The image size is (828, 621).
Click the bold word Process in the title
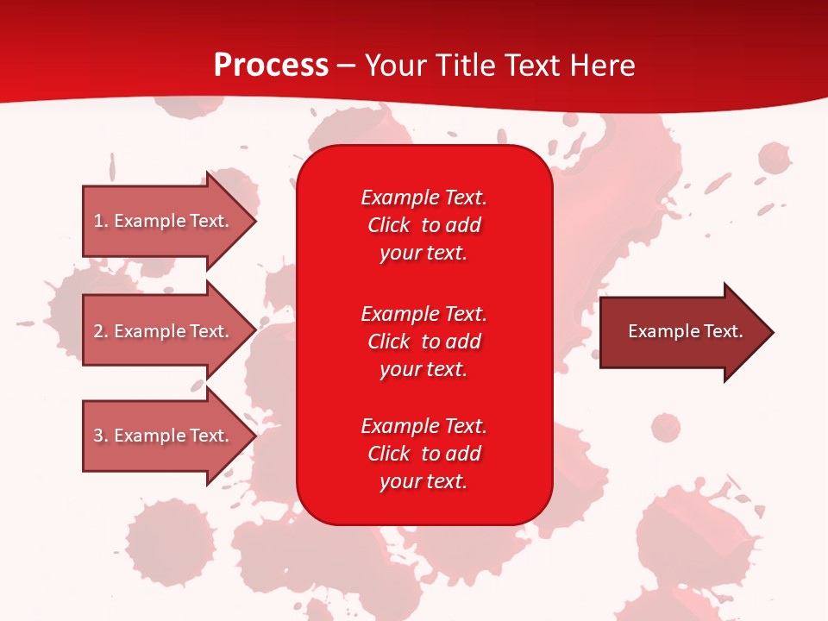click(271, 66)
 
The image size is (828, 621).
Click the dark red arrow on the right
click(681, 332)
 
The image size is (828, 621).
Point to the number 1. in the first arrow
click(101, 221)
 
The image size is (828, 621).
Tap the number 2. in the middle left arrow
click(101, 331)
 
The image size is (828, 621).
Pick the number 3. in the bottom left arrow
click(101, 436)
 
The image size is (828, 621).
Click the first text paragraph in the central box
click(423, 225)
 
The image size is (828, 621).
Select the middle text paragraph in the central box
click(423, 341)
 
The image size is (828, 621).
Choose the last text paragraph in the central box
click(423, 454)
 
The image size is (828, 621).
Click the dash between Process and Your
click(346, 66)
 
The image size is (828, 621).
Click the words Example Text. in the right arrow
click(686, 331)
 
